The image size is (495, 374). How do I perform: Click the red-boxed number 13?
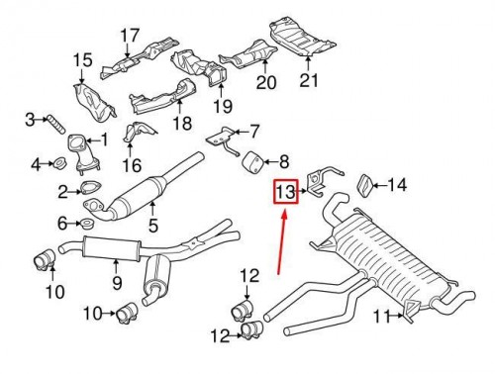click(x=285, y=192)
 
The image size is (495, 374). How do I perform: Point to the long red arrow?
click(x=282, y=243)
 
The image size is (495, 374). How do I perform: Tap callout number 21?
click(x=309, y=80)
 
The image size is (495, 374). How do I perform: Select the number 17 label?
click(x=130, y=36)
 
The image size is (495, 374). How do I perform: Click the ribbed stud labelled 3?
click(x=55, y=124)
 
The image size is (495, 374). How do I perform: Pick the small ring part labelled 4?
click(x=60, y=162)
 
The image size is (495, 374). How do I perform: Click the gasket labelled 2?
click(x=90, y=187)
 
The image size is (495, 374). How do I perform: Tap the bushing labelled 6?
click(x=88, y=224)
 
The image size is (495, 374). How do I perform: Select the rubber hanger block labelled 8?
click(x=253, y=162)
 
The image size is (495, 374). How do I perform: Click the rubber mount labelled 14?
click(x=365, y=186)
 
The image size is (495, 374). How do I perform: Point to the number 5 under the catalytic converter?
click(x=153, y=225)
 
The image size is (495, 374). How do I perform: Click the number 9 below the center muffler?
click(x=117, y=283)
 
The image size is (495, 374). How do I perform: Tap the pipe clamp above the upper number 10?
click(x=45, y=260)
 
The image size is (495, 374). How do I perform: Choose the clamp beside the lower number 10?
click(x=128, y=312)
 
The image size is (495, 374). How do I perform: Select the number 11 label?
click(x=381, y=317)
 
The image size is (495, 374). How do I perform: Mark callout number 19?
click(x=223, y=106)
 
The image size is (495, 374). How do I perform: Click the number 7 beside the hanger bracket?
click(x=254, y=132)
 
